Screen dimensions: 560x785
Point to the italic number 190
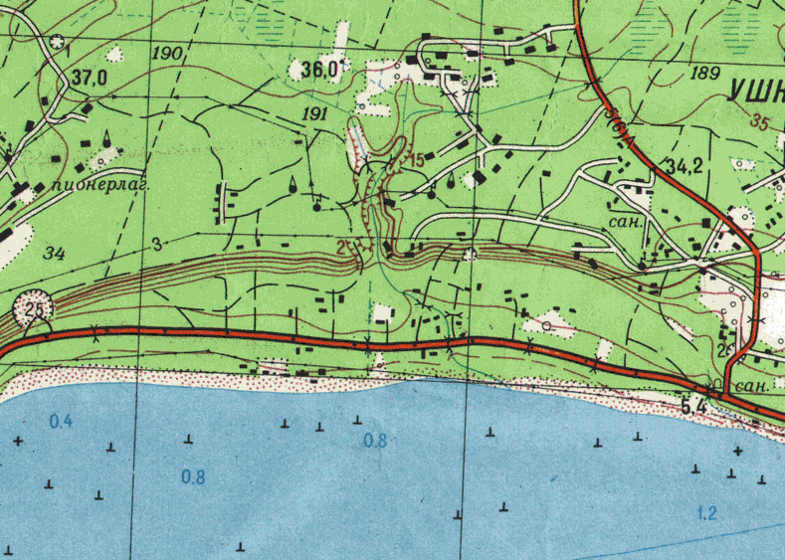pos(168,52)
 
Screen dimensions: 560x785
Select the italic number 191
pos(313,115)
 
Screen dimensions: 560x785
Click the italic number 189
pos(703,73)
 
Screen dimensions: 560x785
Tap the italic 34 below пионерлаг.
pos(54,254)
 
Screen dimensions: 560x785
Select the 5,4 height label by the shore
pos(693,405)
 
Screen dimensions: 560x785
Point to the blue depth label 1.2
pos(707,513)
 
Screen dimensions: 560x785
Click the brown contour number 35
pos(762,123)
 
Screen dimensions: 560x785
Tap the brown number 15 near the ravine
pos(415,159)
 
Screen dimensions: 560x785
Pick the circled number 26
pos(35,311)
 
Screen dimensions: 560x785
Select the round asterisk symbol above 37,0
pos(58,43)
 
